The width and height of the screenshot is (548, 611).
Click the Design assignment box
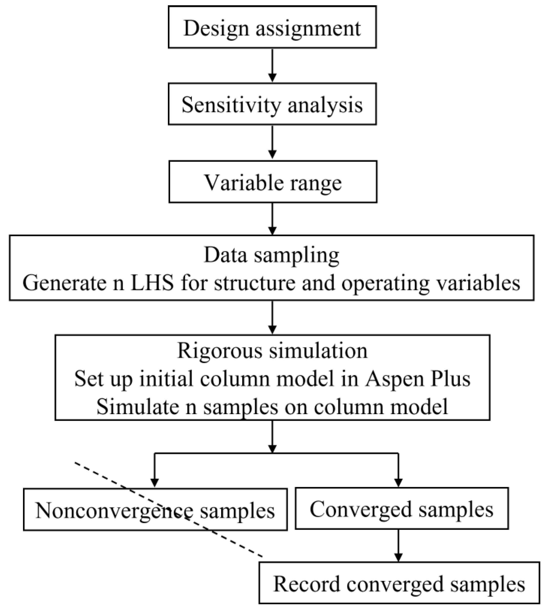pyautogui.click(x=272, y=27)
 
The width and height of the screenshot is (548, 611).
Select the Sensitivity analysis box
pyautogui.click(x=272, y=104)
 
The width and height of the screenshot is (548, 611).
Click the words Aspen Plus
pyautogui.click(x=418, y=379)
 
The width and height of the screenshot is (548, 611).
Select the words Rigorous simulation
pyautogui.click(x=272, y=351)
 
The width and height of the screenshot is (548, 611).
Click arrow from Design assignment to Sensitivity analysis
pyautogui.click(x=272, y=65)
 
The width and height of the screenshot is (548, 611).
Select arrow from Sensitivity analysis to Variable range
pyautogui.click(x=272, y=142)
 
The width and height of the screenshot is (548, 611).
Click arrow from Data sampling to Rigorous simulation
pyautogui.click(x=272, y=317)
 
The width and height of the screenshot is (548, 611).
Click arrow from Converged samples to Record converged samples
pyautogui.click(x=398, y=545)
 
